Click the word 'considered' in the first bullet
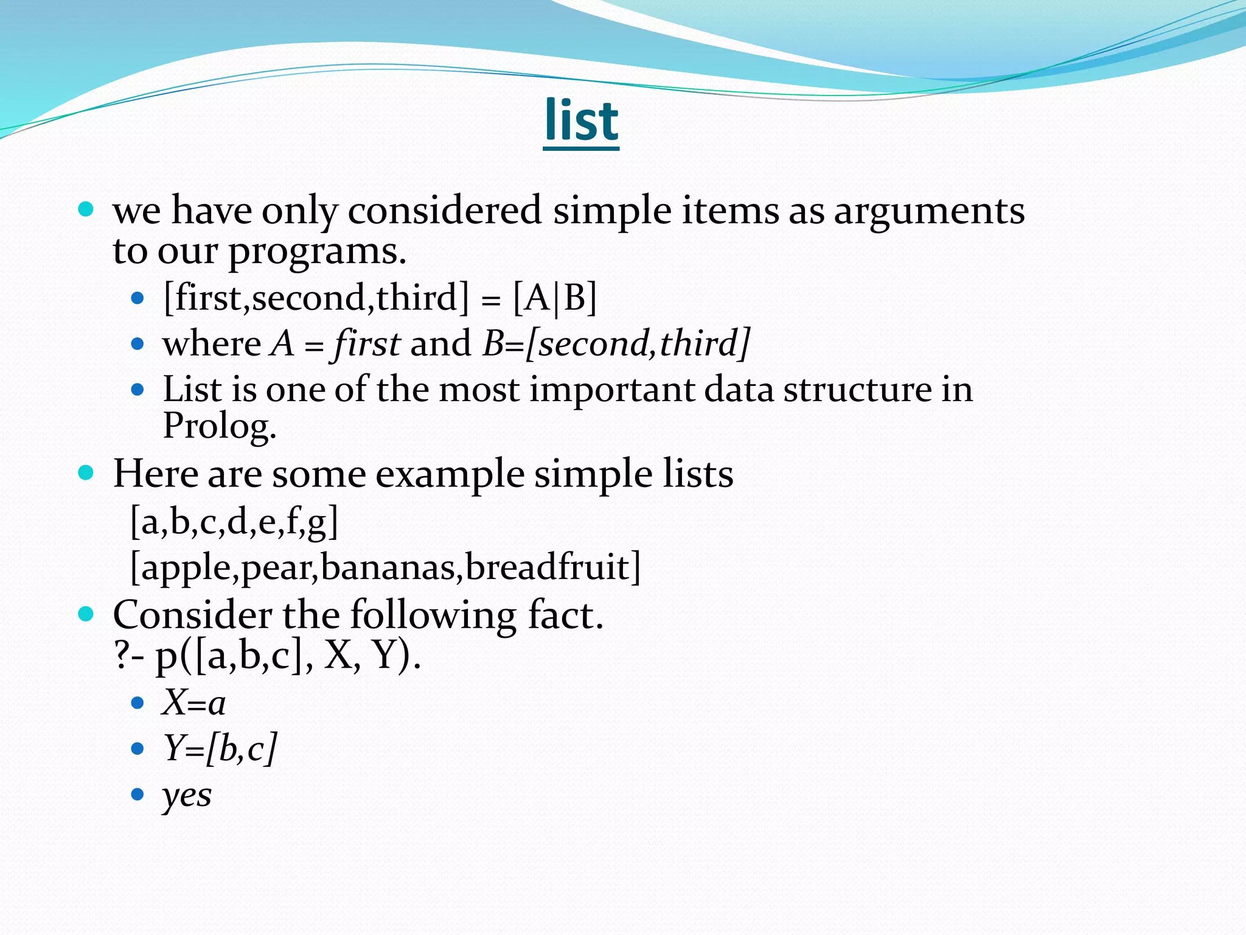pyautogui.click(x=444, y=211)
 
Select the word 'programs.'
pyautogui.click(x=317, y=250)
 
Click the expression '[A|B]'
pyautogui.click(x=554, y=298)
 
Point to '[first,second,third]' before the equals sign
pyautogui.click(x=316, y=298)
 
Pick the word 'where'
pyautogui.click(x=211, y=343)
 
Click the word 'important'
pyautogui.click(x=611, y=389)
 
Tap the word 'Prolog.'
pyautogui.click(x=220, y=425)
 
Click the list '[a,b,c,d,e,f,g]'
pyautogui.click(x=234, y=521)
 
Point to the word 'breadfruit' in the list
pyautogui.click(x=548, y=567)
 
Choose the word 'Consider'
pyautogui.click(x=192, y=615)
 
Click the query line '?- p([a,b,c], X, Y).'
pyautogui.click(x=268, y=656)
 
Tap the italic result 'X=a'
pyautogui.click(x=193, y=703)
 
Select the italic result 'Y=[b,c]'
pyautogui.click(x=220, y=748)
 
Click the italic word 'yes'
pyautogui.click(x=187, y=794)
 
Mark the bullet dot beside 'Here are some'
pyautogui.click(x=86, y=472)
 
